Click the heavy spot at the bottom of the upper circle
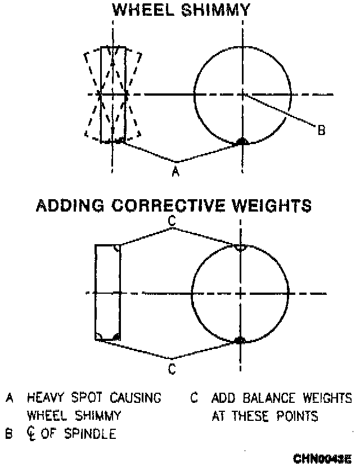242,142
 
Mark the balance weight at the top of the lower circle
241,247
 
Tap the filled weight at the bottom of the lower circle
241,340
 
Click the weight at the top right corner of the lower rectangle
116,248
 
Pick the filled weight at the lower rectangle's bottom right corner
116,336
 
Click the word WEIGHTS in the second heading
272,205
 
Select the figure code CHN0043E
323,459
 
